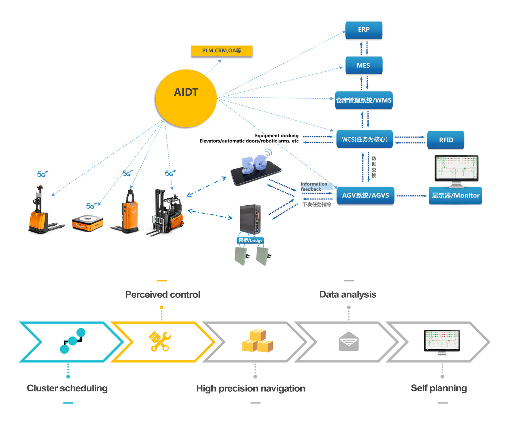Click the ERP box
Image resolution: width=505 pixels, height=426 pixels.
click(x=364, y=30)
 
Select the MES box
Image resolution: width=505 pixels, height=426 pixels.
click(x=364, y=65)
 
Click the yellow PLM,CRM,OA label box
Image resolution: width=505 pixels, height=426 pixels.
click(x=222, y=51)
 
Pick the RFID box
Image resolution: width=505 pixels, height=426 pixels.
click(x=446, y=140)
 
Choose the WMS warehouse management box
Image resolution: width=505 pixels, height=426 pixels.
click(x=364, y=100)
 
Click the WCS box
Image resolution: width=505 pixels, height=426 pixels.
click(x=365, y=139)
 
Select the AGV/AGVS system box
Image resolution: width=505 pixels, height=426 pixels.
click(x=365, y=196)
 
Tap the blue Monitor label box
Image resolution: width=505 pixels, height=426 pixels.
click(x=455, y=196)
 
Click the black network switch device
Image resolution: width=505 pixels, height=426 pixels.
click(x=250, y=219)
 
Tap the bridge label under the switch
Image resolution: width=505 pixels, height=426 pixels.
click(x=250, y=240)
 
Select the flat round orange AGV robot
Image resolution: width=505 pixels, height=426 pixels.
click(x=87, y=223)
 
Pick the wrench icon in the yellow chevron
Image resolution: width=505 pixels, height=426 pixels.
click(x=159, y=342)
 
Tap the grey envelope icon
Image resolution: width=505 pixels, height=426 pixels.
click(x=349, y=342)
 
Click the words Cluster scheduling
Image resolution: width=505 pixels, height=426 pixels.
click(x=67, y=388)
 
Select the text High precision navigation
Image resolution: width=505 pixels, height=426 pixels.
click(x=250, y=388)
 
